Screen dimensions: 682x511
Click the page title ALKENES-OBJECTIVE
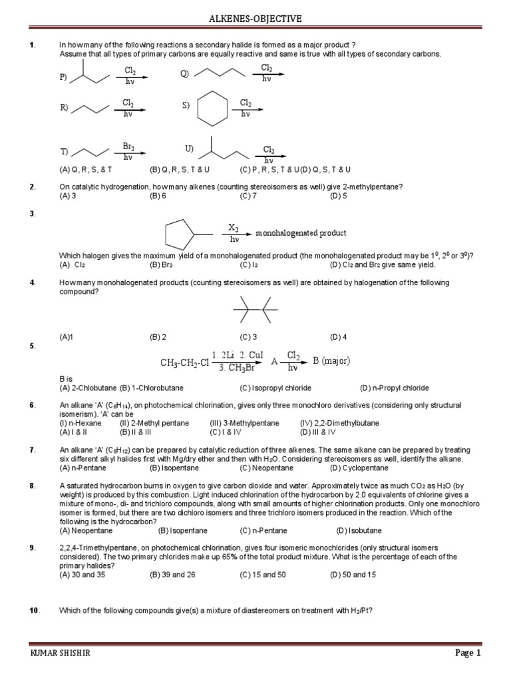point(255,19)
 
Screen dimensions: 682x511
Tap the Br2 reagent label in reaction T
point(128,147)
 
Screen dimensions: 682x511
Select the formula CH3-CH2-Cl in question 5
point(184,362)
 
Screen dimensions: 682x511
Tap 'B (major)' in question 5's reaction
point(331,361)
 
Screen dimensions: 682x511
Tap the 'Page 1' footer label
point(468,653)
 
